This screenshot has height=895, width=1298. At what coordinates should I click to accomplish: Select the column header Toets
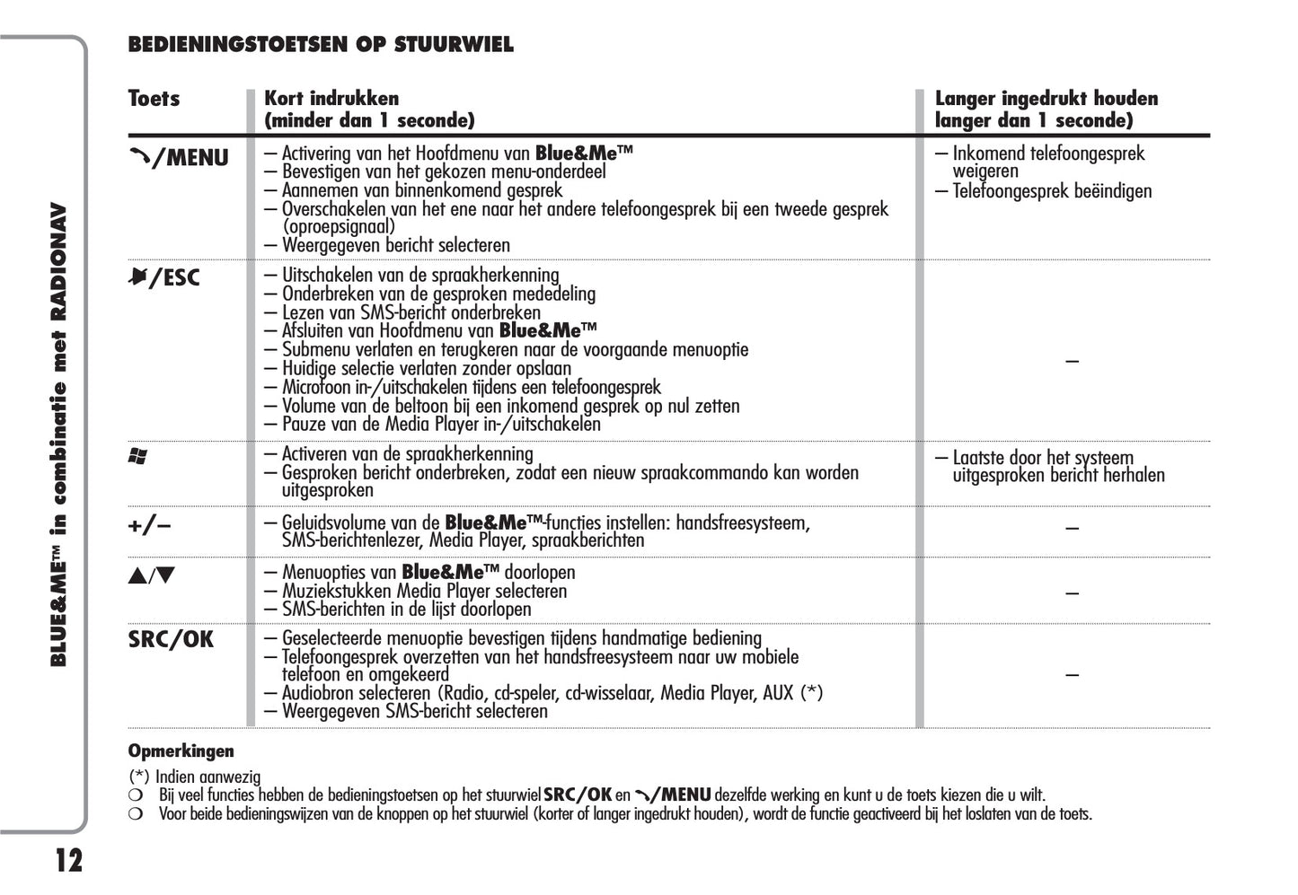(x=154, y=99)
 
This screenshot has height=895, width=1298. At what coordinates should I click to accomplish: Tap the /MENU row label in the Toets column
(x=179, y=158)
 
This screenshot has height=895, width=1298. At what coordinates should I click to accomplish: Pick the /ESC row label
(x=164, y=277)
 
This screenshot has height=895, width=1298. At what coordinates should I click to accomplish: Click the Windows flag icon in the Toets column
(x=137, y=457)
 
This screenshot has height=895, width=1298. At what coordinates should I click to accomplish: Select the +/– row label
(x=149, y=525)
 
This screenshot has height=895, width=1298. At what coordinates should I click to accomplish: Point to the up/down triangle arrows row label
(x=151, y=575)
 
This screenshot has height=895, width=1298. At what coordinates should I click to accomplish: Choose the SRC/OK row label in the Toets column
(x=171, y=639)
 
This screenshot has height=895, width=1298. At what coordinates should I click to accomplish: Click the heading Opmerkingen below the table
(x=181, y=750)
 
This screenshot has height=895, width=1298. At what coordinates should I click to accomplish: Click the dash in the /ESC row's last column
(x=1072, y=361)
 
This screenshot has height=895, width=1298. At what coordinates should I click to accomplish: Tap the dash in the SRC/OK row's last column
(x=1072, y=674)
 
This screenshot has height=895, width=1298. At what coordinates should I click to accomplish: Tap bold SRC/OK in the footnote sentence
(x=578, y=794)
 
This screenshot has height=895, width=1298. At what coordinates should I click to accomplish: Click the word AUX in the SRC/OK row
(x=778, y=692)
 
